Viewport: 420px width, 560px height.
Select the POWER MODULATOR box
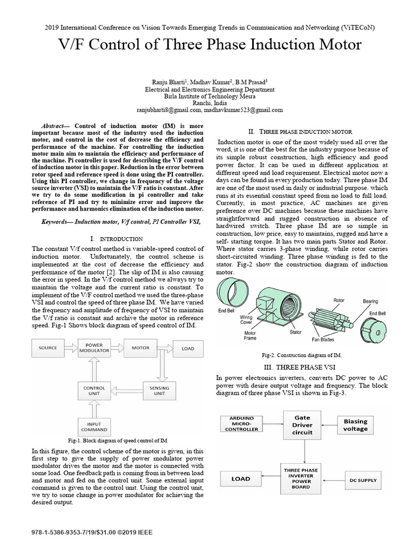pyautogui.click(x=95, y=348)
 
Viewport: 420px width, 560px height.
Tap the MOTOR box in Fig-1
pyautogui.click(x=141, y=348)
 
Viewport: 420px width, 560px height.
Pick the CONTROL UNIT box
pyautogui.click(x=95, y=391)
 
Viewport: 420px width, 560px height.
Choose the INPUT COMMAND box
pyautogui.click(x=95, y=427)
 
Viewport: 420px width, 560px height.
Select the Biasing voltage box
pyautogui.click(x=356, y=425)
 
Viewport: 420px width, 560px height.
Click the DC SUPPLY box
pyautogui.click(x=363, y=481)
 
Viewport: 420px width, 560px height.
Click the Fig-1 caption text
pyautogui.click(x=117, y=440)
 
